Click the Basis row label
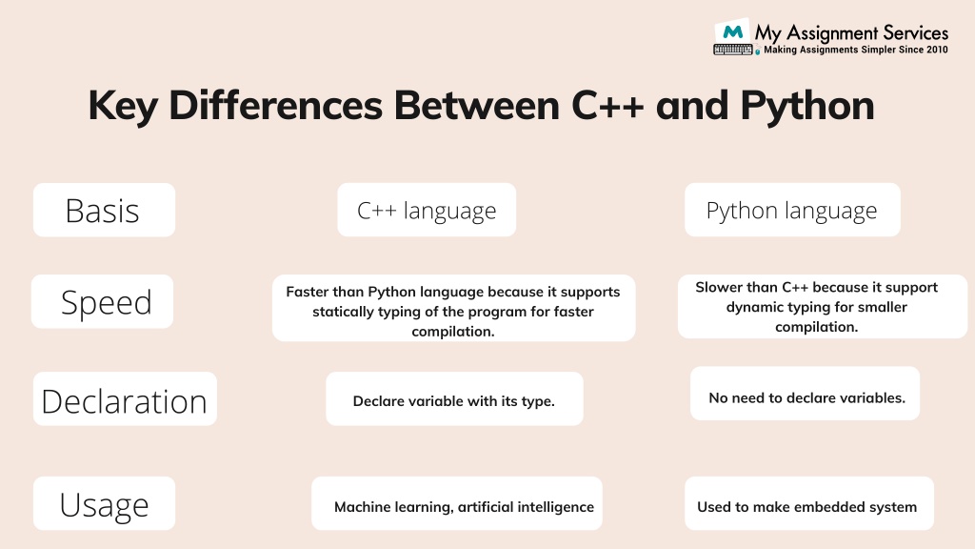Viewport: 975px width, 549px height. (103, 211)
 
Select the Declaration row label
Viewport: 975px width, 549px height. (124, 400)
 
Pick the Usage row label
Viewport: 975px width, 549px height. (104, 504)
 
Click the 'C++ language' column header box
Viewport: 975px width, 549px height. (427, 211)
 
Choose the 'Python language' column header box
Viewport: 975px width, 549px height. (791, 211)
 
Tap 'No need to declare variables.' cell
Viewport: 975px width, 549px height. (806, 397)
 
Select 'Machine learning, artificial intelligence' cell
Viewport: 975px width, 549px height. (464, 507)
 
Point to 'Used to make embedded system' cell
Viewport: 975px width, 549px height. (806, 507)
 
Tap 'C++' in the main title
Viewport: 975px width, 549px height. (608, 106)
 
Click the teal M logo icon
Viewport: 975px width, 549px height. (732, 31)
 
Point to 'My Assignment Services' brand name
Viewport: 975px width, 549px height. (851, 32)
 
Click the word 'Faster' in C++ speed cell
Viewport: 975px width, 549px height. (310, 292)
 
